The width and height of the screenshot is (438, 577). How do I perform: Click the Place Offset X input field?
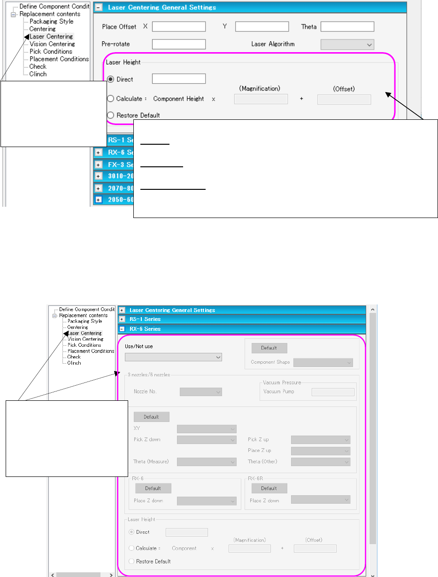179,27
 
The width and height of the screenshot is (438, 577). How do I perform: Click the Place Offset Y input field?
261,27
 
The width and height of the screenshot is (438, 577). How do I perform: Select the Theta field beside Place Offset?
347,27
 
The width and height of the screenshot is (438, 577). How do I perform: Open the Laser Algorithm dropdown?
347,45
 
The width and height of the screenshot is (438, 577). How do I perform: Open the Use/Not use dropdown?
173,357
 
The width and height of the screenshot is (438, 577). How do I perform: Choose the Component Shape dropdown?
323,362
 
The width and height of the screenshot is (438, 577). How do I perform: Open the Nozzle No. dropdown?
200,391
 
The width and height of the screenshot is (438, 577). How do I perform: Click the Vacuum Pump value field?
333,392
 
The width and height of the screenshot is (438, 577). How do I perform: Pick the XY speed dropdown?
207,429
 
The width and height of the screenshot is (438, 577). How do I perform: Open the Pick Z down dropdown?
207,440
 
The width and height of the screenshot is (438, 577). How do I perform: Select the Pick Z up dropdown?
321,440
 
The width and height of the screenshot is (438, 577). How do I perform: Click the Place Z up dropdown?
321,451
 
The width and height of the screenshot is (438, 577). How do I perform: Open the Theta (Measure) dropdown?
207,462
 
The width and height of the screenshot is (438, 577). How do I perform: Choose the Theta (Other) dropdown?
321,462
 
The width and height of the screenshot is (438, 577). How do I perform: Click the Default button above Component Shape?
269,348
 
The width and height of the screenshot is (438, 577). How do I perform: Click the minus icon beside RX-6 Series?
122,329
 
